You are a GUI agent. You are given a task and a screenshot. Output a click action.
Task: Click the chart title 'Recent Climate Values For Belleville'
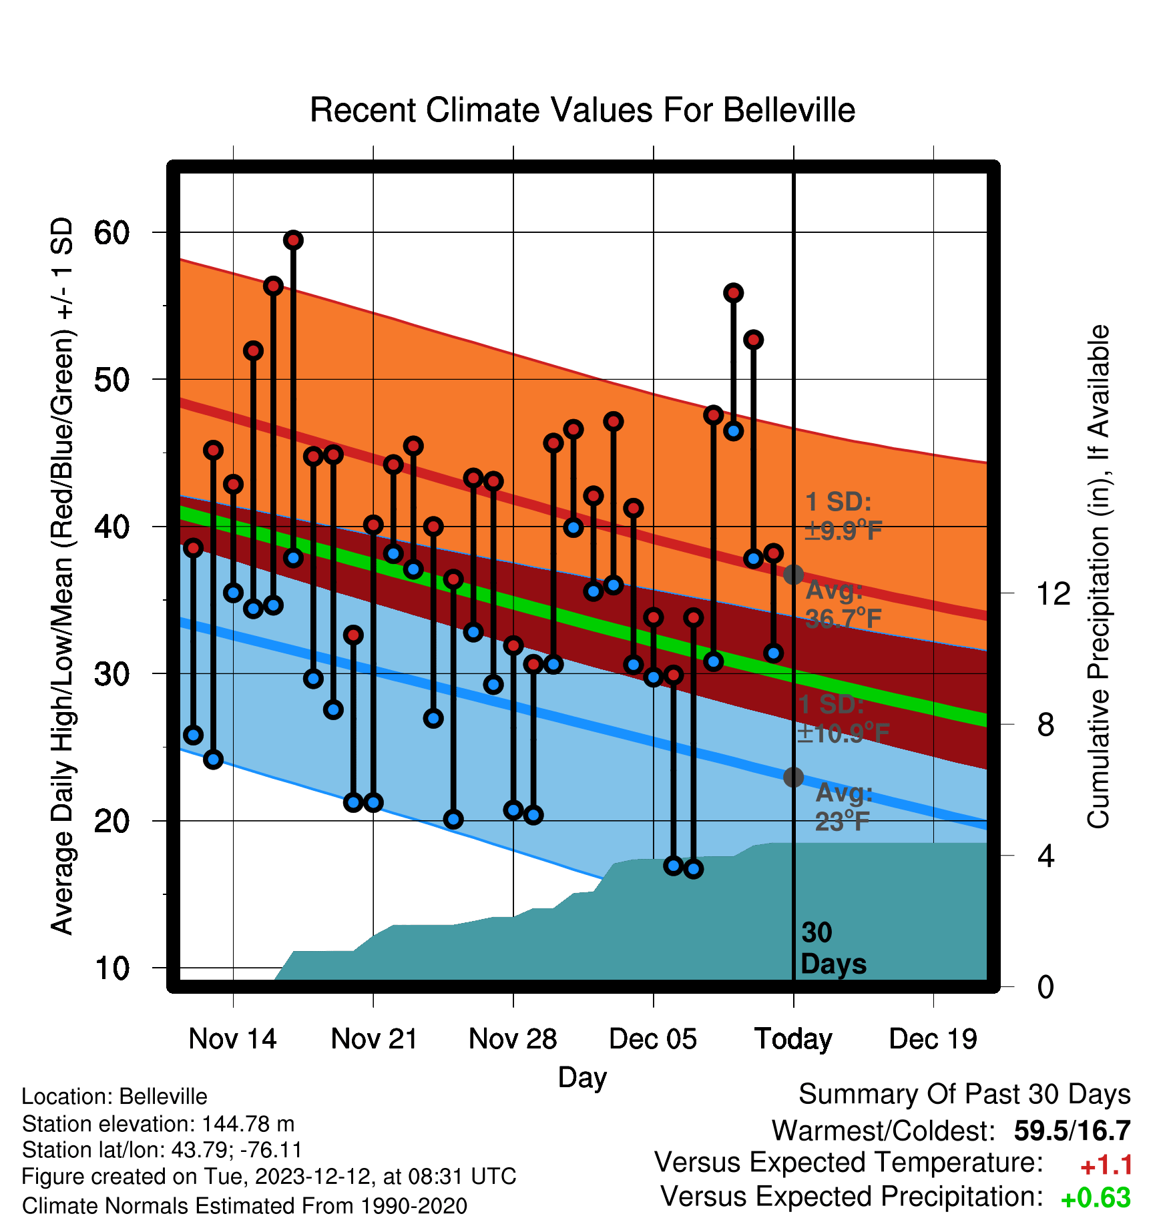click(582, 110)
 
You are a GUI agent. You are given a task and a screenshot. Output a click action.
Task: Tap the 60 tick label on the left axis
click(111, 233)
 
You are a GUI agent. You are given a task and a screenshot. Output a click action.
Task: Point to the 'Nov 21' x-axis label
click(374, 1039)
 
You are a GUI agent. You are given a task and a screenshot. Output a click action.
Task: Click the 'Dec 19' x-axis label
click(933, 1039)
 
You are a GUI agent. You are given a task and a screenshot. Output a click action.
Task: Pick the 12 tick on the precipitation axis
click(1054, 593)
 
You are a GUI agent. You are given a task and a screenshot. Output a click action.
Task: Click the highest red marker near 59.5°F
click(293, 240)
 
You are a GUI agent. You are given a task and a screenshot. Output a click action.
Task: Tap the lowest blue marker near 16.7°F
click(694, 869)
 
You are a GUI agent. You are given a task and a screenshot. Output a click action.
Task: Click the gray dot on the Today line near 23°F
click(793, 777)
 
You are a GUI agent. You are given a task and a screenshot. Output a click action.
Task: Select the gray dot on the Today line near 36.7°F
click(793, 575)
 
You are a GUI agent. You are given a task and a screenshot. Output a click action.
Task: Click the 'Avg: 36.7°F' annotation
click(844, 605)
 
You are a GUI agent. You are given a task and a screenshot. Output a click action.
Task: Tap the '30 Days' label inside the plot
click(833, 948)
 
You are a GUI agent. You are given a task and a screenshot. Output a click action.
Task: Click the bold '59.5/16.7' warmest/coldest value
click(1072, 1131)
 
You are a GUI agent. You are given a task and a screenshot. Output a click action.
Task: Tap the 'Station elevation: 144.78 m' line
click(158, 1125)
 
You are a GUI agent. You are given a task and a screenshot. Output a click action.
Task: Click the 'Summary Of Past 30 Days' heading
click(965, 1095)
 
